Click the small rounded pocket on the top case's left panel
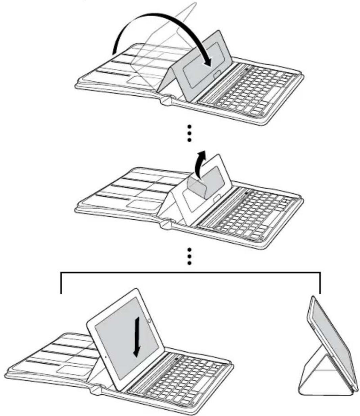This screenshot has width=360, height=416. (139, 80)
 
